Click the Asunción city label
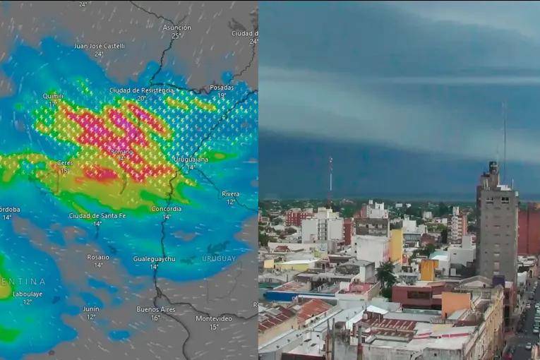(176, 28)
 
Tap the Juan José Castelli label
(99, 46)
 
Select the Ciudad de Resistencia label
(141, 90)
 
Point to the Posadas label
(221, 88)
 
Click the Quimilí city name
(53, 96)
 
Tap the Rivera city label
(230, 193)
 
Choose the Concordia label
(167, 209)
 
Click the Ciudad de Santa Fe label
(97, 215)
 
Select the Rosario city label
(98, 257)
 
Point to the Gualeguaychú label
(154, 259)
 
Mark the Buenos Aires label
(156, 309)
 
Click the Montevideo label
(214, 318)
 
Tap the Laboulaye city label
(28, 294)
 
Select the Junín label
(91, 308)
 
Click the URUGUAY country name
(219, 258)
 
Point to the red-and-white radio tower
(330, 180)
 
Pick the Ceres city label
(64, 162)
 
